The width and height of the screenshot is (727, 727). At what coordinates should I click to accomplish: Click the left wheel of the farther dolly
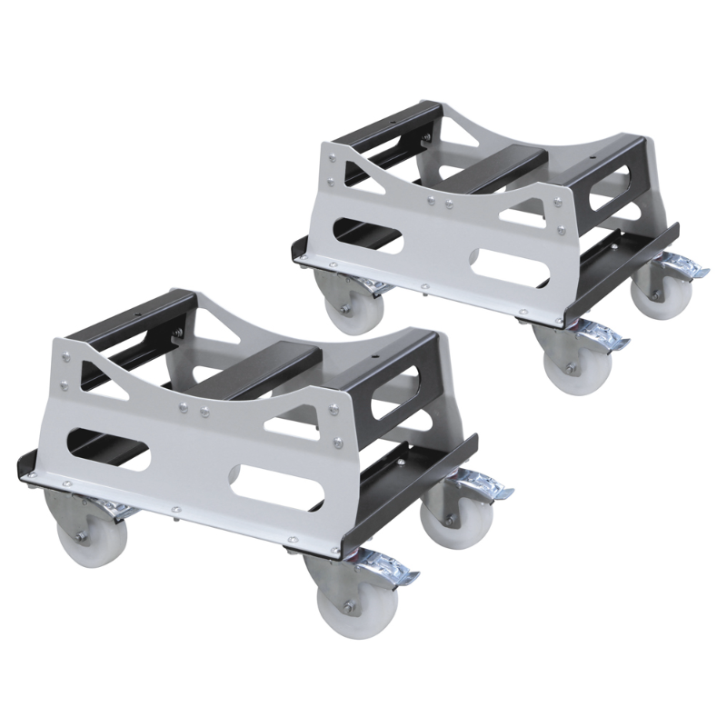338,299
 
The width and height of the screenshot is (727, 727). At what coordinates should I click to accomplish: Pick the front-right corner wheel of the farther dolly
565,360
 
